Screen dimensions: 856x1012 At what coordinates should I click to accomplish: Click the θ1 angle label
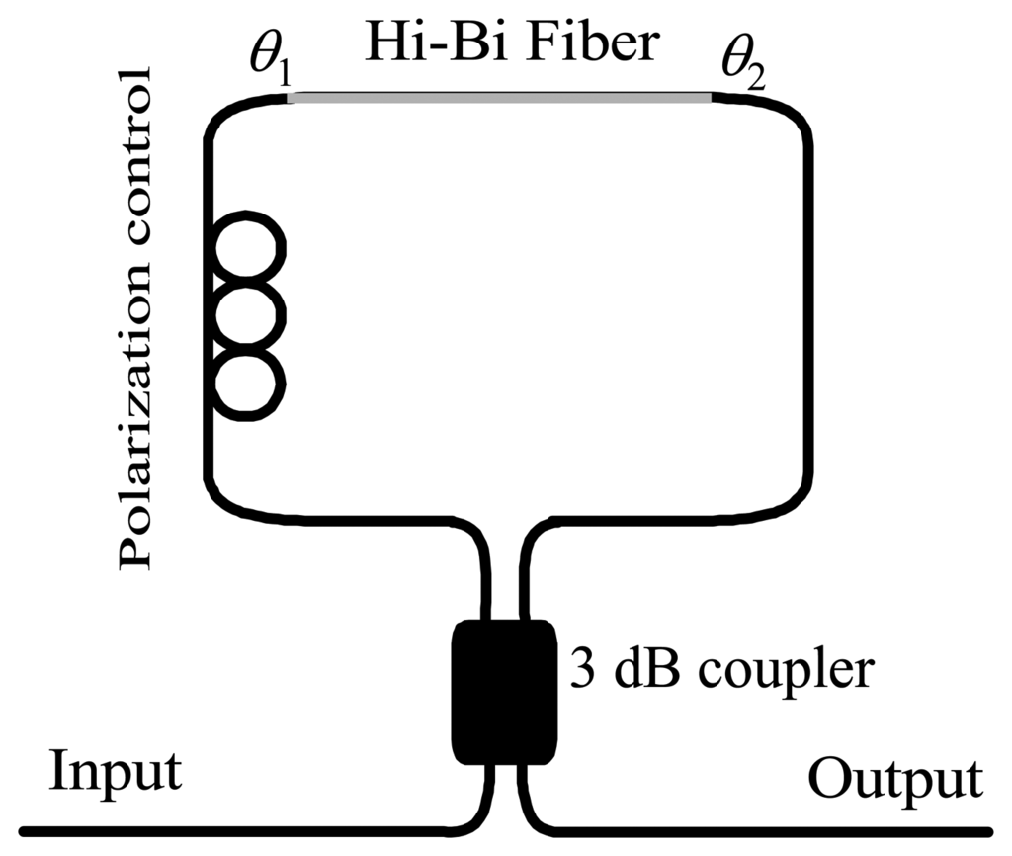point(267,69)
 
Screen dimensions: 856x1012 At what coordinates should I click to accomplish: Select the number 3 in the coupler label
point(578,671)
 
